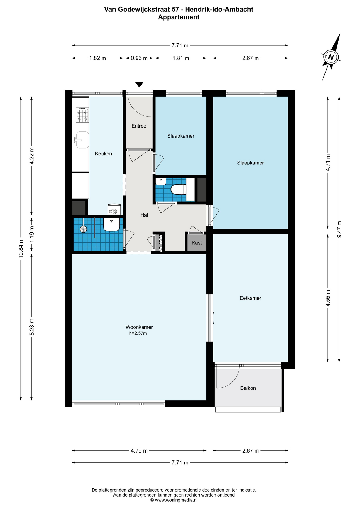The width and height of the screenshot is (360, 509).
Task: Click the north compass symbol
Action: [x=331, y=57]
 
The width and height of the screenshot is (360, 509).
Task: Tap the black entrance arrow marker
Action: [x=139, y=85]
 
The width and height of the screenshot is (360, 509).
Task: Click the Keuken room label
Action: [x=103, y=154]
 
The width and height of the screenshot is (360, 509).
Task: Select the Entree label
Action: [x=139, y=126]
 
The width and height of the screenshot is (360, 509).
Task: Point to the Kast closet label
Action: [x=197, y=243]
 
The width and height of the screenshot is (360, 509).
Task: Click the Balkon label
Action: [x=248, y=388]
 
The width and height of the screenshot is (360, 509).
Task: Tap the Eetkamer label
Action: [x=251, y=298]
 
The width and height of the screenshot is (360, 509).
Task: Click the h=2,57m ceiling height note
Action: [x=138, y=334]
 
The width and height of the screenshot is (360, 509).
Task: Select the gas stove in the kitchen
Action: [x=82, y=115]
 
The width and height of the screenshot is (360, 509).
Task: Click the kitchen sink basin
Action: [x=82, y=140]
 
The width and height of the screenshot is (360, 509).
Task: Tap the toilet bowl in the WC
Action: [x=178, y=190]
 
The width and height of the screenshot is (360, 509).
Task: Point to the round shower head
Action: [x=84, y=229]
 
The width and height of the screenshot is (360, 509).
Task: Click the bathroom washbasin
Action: [x=111, y=225]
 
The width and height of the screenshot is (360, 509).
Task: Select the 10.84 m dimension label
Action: [x=21, y=248]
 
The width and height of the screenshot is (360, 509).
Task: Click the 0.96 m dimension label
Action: [x=139, y=58]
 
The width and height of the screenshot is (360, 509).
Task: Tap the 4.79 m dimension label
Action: [x=139, y=451]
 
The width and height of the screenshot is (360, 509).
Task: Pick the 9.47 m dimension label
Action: [x=339, y=229]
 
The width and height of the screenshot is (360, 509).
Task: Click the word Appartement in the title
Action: [x=179, y=17]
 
